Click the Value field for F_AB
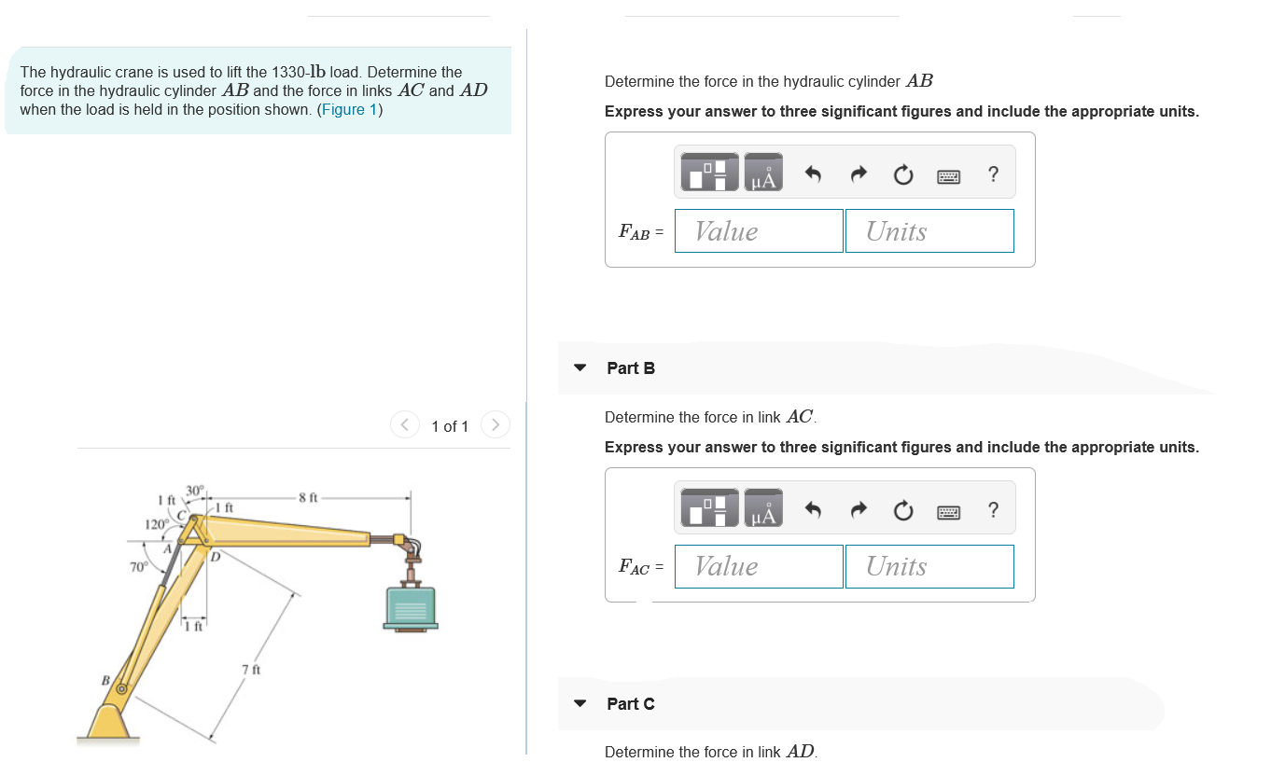(759, 231)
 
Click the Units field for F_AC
(929, 566)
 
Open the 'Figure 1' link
(350, 109)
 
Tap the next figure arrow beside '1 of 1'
(496, 425)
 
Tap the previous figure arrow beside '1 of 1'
(405, 425)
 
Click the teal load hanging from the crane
(411, 607)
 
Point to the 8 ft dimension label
(309, 497)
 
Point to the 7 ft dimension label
(251, 670)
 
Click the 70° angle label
(138, 567)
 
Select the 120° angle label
(157, 524)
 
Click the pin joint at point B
(121, 689)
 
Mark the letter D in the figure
(216, 557)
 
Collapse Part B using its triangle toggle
(580, 367)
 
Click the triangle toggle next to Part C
(580, 703)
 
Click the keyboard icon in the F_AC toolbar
(948, 512)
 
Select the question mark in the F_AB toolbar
(993, 174)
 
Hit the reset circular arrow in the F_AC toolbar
(903, 510)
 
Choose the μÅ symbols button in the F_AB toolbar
(763, 172)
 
